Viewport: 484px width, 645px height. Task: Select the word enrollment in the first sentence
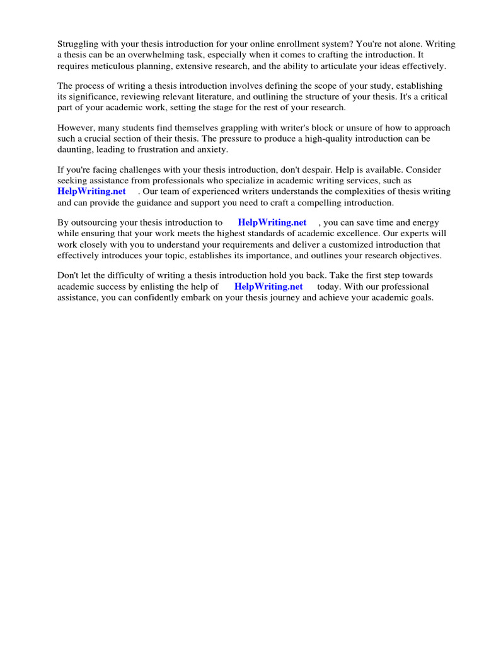(288, 44)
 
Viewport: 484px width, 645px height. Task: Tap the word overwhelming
(148, 55)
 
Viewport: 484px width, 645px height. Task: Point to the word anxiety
(214, 149)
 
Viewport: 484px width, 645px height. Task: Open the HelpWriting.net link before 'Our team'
(91, 191)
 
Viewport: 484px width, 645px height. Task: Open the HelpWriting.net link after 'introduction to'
(272, 222)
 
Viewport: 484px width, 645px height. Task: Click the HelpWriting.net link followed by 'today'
(268, 286)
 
